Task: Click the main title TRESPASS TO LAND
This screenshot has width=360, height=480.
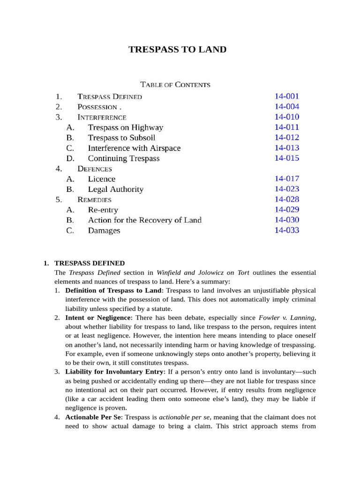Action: pos(178,49)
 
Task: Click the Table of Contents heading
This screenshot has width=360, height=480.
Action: pos(175,85)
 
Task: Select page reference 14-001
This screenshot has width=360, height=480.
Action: pos(286,97)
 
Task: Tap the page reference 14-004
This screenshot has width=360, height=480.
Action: pos(286,107)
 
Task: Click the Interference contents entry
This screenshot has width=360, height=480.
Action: pos(102,117)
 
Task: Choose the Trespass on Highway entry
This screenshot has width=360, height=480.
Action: pos(125,127)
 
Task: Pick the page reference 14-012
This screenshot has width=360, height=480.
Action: pos(286,138)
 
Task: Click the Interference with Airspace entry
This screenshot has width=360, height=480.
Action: pos(134,148)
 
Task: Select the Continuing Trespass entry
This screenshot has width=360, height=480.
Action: pos(123,158)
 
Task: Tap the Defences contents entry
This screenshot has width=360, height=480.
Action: pos(95,169)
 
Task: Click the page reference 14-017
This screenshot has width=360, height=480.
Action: pos(286,179)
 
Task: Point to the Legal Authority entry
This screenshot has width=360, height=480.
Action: pos(115,189)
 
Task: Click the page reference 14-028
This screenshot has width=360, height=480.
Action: pos(286,200)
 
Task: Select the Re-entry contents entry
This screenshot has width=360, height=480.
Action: pos(103,210)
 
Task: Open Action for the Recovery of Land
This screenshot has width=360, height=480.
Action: pos(144,220)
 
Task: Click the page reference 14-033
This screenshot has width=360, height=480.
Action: pos(286,231)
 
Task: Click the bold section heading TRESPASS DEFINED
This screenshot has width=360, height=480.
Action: pos(90,263)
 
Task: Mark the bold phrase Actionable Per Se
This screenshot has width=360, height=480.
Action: pos(94,417)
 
